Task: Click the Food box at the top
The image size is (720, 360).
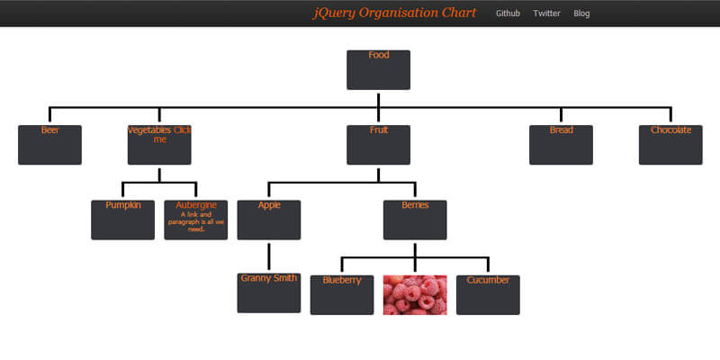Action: [378, 69]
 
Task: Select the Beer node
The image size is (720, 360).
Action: [49, 145]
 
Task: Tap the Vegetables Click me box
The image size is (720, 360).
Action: [159, 145]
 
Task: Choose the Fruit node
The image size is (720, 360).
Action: [378, 145]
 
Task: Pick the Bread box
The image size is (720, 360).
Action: [561, 145]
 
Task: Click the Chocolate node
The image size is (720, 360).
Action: [670, 145]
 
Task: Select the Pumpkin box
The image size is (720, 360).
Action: [122, 220]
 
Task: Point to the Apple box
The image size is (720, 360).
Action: [269, 220]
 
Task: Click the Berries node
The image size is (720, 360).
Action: [415, 220]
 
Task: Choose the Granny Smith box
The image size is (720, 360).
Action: [269, 293]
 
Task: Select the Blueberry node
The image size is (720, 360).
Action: [342, 294]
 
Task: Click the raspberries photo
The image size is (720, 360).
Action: [415, 294]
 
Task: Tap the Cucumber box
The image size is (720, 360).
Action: [488, 294]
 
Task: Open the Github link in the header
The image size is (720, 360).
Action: [508, 13]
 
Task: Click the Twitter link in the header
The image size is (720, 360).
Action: [546, 13]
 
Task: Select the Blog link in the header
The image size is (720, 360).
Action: [581, 13]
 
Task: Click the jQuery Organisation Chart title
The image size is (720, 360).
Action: [394, 13]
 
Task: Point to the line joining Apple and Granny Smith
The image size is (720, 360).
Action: [269, 256]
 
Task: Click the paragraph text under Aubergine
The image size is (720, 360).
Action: [195, 221]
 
